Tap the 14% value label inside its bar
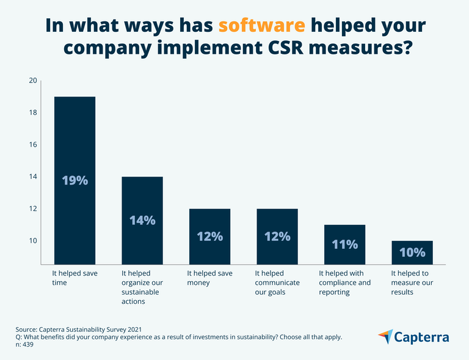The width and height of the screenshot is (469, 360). [142, 220]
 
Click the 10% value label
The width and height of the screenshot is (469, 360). [412, 252]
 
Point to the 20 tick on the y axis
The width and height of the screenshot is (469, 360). [33, 81]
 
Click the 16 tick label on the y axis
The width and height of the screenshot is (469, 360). [33, 145]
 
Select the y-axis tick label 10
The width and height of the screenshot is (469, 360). [33, 241]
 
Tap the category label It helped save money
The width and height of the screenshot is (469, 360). [209, 277]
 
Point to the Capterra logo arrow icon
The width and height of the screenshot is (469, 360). [385, 336]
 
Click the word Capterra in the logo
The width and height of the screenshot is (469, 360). [422, 337]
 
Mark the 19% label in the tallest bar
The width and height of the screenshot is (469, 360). [75, 180]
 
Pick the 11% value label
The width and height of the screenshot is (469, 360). [344, 244]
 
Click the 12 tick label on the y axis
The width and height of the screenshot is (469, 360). [33, 209]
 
